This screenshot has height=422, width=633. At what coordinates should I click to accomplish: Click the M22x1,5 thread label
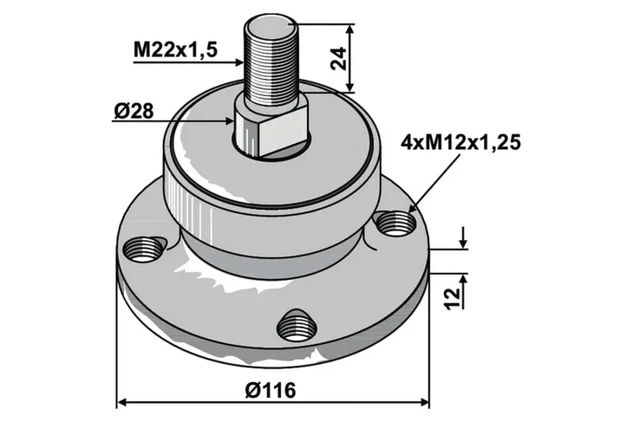click(175, 50)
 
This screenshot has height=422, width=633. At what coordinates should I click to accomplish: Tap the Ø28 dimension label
click(134, 112)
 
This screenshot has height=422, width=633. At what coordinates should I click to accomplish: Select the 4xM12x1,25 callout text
click(460, 143)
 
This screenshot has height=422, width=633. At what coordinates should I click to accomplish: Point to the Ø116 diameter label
click(271, 390)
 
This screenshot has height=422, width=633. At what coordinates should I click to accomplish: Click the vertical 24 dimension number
click(338, 59)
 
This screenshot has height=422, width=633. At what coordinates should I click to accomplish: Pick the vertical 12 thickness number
click(454, 298)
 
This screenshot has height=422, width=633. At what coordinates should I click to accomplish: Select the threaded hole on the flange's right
click(395, 224)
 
